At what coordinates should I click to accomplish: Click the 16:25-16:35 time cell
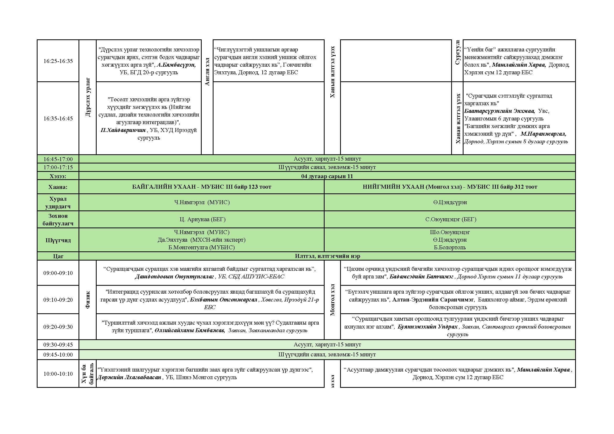point(58,61)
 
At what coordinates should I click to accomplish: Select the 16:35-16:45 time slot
point(58,118)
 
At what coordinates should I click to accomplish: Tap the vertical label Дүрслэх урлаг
point(88,97)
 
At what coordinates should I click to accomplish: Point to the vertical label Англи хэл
point(207,72)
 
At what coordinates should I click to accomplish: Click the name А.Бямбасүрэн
point(176,65)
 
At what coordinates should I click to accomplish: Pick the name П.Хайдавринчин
point(123,130)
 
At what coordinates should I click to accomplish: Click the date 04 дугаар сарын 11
point(327,176)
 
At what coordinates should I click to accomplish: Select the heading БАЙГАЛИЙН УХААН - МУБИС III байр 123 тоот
point(202,187)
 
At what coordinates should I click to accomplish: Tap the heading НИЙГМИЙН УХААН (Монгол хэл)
point(412,187)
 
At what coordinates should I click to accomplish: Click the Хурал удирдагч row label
point(58,203)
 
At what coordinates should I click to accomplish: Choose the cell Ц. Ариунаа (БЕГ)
point(202,219)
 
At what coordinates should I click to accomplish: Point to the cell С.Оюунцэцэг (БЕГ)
point(451,219)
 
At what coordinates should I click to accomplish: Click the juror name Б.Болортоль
point(450,247)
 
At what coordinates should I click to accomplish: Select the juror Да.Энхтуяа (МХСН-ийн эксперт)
point(202,240)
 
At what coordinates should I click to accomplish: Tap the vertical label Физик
point(88,300)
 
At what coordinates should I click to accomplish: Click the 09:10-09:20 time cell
point(58,300)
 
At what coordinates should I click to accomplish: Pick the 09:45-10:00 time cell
point(58,355)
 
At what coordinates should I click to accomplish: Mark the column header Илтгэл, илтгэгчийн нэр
point(327,256)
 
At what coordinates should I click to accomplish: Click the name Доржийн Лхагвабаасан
point(129,377)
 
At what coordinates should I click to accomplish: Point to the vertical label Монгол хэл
point(332,300)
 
